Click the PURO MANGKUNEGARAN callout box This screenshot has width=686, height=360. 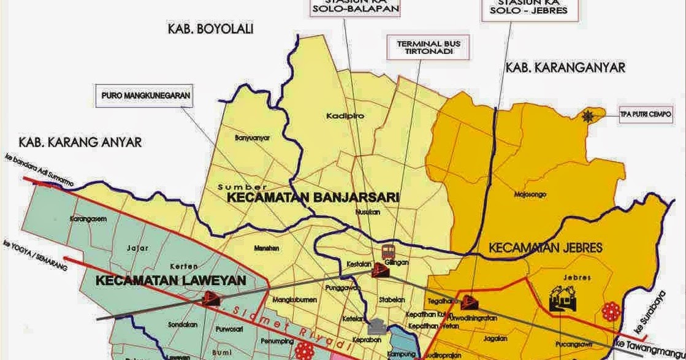tap(146, 96)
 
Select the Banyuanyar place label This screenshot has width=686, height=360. tap(253, 138)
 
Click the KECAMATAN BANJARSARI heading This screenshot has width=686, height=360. tap(313, 197)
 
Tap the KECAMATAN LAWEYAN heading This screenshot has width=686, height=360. tap(171, 281)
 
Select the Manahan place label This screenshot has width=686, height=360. tap(267, 248)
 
